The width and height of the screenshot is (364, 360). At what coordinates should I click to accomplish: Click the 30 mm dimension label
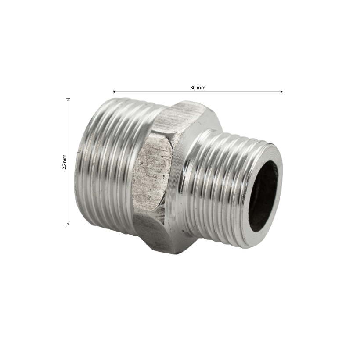pos(198,88)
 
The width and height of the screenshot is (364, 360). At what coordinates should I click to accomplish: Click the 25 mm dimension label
pos(64,162)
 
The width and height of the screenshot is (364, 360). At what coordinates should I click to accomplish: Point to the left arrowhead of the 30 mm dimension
pos(114,92)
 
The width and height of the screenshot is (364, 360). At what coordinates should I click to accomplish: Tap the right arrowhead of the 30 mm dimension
pos(282,92)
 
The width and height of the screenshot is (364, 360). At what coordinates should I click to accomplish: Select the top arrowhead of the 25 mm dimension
pos(68,100)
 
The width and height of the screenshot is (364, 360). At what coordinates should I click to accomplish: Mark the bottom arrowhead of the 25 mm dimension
pos(68,224)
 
